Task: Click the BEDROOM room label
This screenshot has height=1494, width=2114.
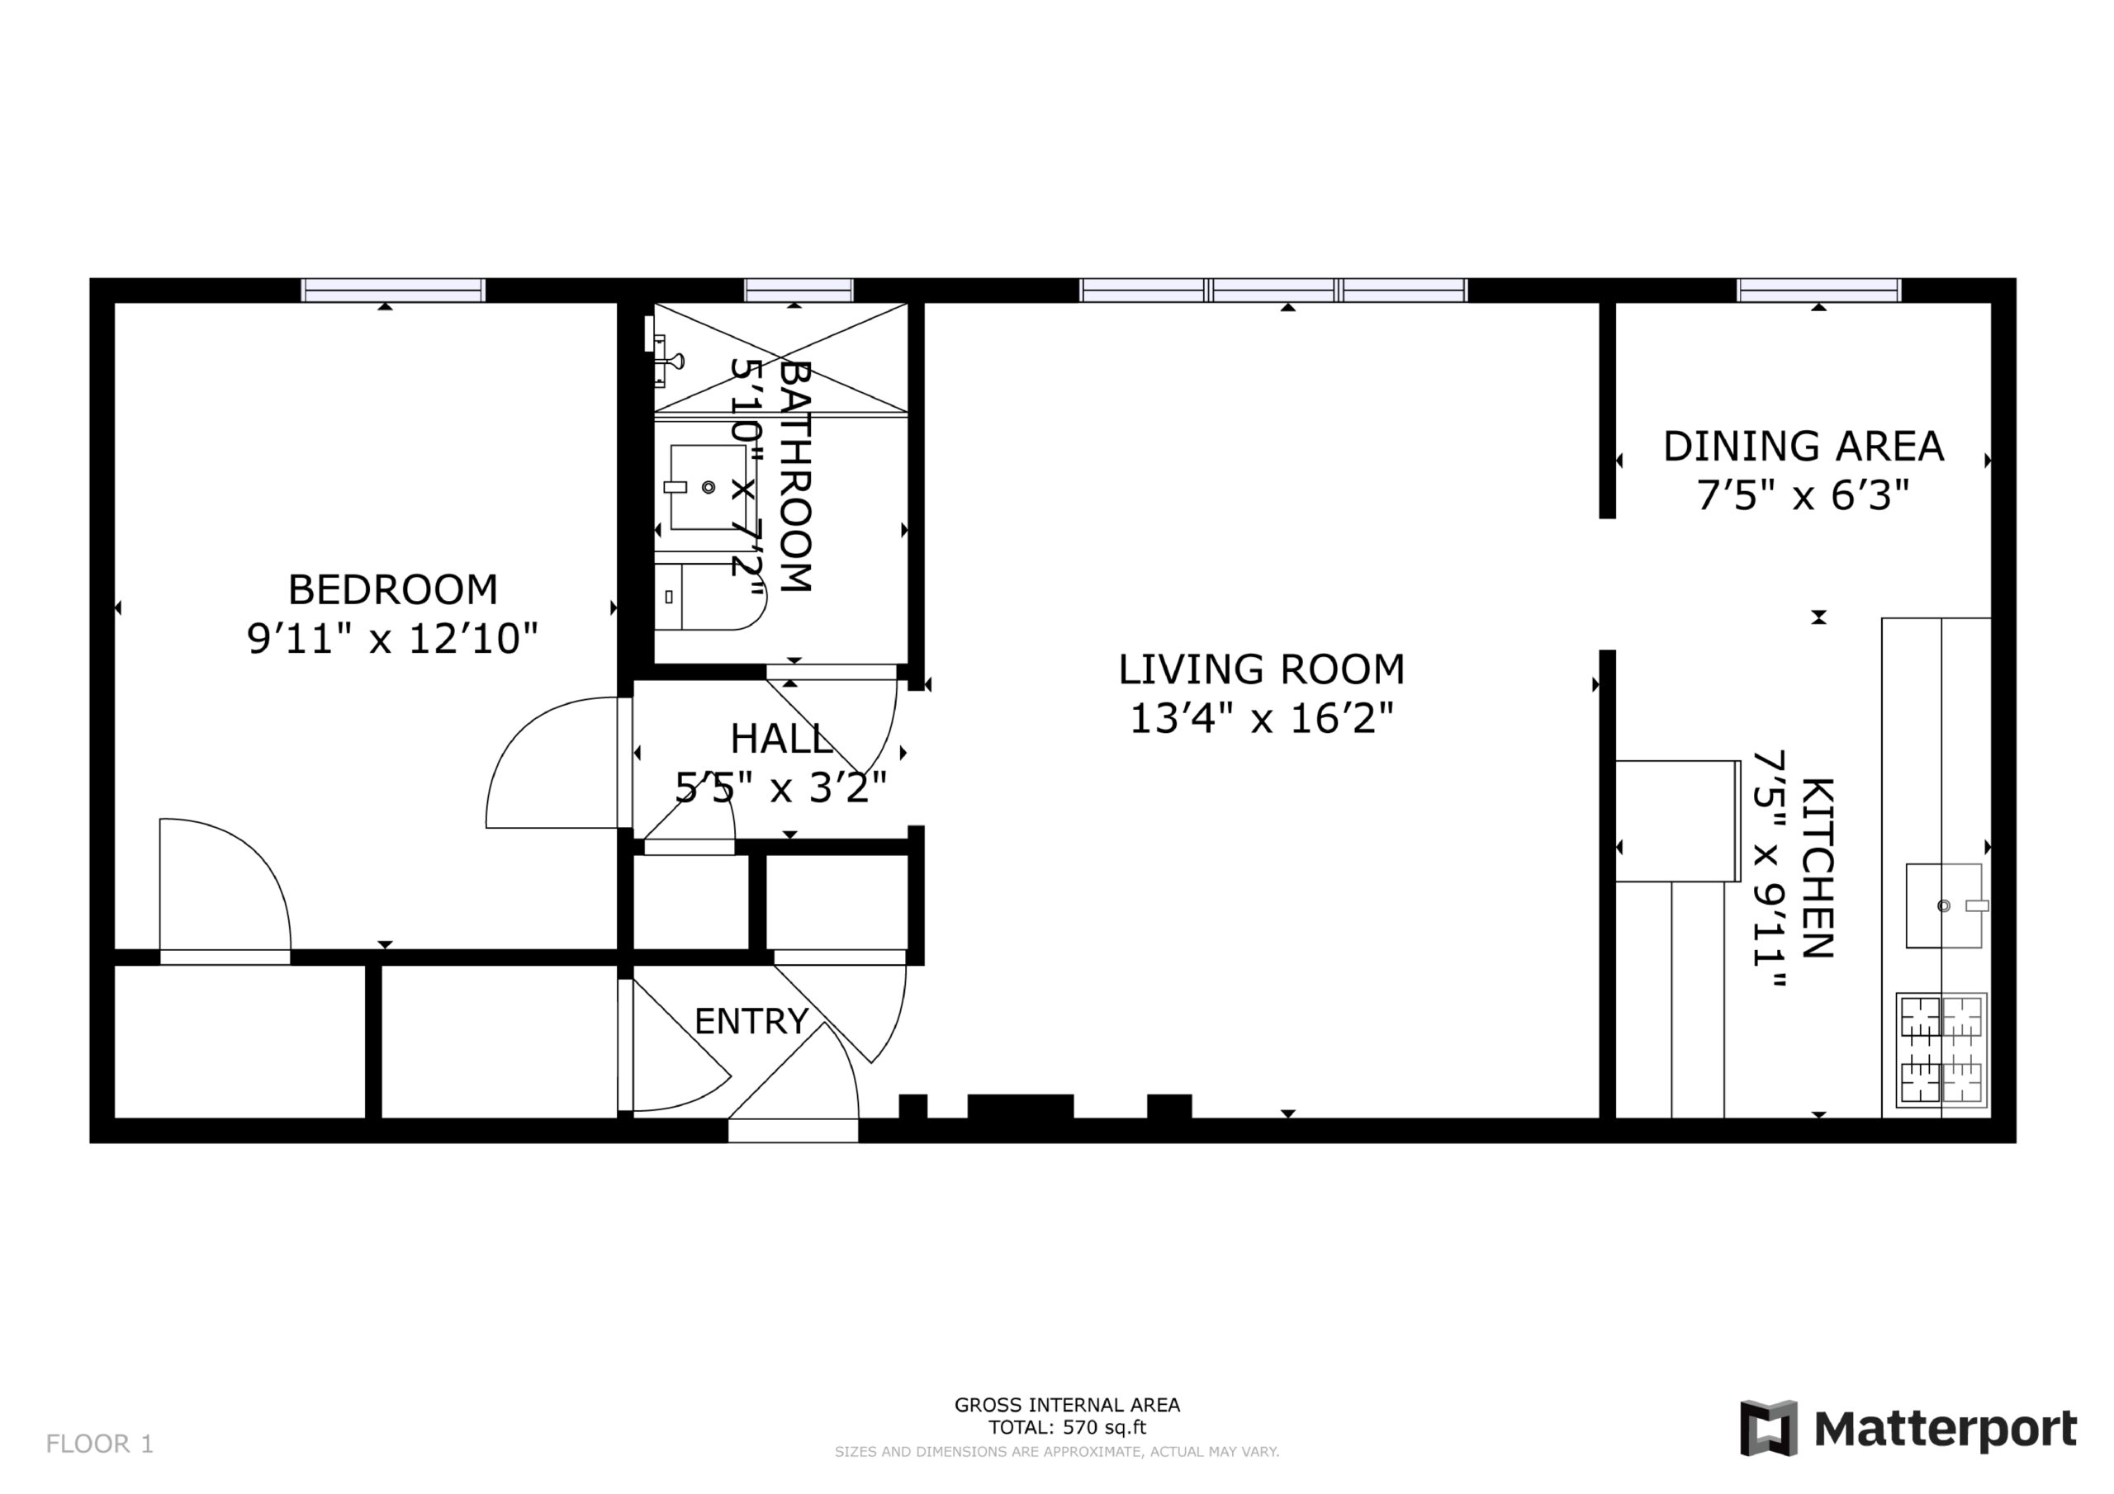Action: (393, 590)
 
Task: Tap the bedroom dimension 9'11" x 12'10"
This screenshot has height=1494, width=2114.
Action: (392, 639)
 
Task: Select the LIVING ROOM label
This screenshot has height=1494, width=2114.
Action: (1262, 669)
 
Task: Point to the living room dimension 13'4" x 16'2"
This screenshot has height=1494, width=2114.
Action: (1262, 719)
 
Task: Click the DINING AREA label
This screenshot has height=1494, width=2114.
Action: (1803, 447)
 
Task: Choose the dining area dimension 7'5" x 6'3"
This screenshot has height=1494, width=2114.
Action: (1803, 496)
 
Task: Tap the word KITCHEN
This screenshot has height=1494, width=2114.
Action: (1818, 868)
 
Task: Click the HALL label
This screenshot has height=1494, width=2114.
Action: (781, 738)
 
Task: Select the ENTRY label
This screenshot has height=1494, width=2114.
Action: (751, 1021)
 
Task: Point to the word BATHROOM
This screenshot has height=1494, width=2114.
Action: (795, 476)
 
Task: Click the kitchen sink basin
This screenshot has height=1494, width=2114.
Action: (1944, 905)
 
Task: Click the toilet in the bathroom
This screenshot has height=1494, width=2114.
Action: (710, 597)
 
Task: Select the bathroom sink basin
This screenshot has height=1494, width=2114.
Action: (707, 487)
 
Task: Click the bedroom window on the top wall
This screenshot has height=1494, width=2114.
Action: (393, 290)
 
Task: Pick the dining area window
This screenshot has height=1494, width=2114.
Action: (1818, 290)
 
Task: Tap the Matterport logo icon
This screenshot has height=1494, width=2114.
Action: (1768, 1428)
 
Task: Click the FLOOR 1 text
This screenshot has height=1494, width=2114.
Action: (99, 1444)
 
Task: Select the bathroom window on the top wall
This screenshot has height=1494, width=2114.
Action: (799, 290)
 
